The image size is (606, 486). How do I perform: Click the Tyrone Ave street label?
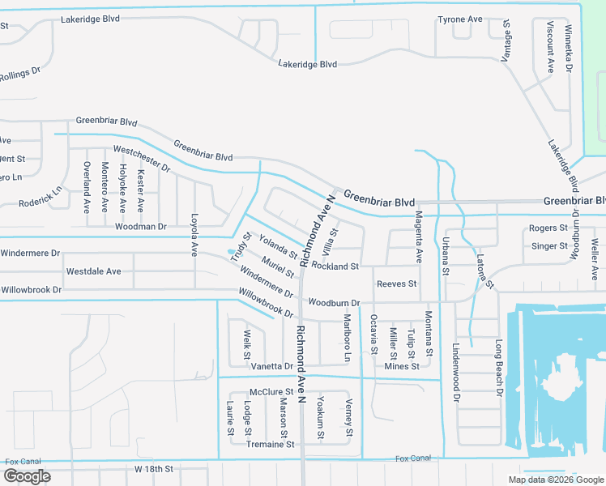[459, 19]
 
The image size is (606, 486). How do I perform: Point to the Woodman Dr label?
[140, 227]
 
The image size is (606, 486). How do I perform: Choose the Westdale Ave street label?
[93, 271]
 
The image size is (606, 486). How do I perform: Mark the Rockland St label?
[335, 266]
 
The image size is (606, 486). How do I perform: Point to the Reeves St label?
[396, 283]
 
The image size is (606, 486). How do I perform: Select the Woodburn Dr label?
[334, 303]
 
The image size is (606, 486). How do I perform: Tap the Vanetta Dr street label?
[271, 367]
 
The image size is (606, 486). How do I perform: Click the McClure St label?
[270, 392]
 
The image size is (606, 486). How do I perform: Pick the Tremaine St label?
[270, 444]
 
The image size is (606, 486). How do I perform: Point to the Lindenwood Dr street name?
[455, 373]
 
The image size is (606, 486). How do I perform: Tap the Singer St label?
[549, 246]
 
